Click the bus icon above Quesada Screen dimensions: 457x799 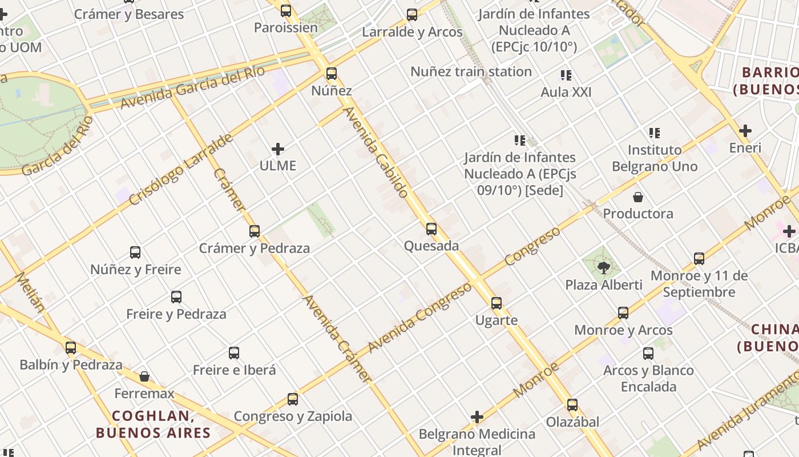(x=431, y=229)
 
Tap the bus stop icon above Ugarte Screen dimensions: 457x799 (x=497, y=303)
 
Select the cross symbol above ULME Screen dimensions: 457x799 (x=278, y=150)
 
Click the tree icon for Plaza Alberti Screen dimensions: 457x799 (x=603, y=267)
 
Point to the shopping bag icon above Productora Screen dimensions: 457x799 (x=638, y=197)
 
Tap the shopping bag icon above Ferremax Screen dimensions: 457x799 (x=144, y=376)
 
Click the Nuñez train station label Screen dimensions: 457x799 (x=471, y=72)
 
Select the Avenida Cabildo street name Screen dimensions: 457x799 (x=376, y=152)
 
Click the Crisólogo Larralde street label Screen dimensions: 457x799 (x=181, y=170)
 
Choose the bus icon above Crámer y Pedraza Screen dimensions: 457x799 (x=255, y=231)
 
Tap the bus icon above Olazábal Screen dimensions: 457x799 (x=572, y=405)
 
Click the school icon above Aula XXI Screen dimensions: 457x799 (x=566, y=75)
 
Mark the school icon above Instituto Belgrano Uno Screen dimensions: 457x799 (x=655, y=133)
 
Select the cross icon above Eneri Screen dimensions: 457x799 (x=745, y=131)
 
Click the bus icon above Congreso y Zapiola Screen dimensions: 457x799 (x=293, y=399)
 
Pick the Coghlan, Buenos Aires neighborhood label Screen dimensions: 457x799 (x=153, y=424)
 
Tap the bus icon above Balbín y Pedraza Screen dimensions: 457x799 (x=71, y=347)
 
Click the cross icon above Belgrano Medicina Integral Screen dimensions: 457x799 (x=477, y=418)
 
